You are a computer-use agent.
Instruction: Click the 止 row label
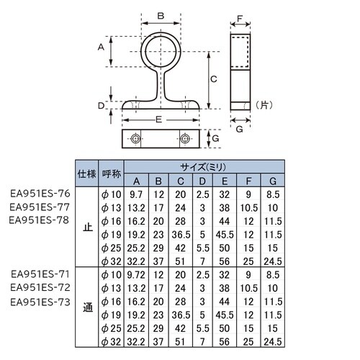pos(88,227)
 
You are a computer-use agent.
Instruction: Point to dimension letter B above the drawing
pos(161,15)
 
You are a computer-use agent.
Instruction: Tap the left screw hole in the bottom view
pos(135,138)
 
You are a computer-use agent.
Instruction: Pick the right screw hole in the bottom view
pos(186,138)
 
